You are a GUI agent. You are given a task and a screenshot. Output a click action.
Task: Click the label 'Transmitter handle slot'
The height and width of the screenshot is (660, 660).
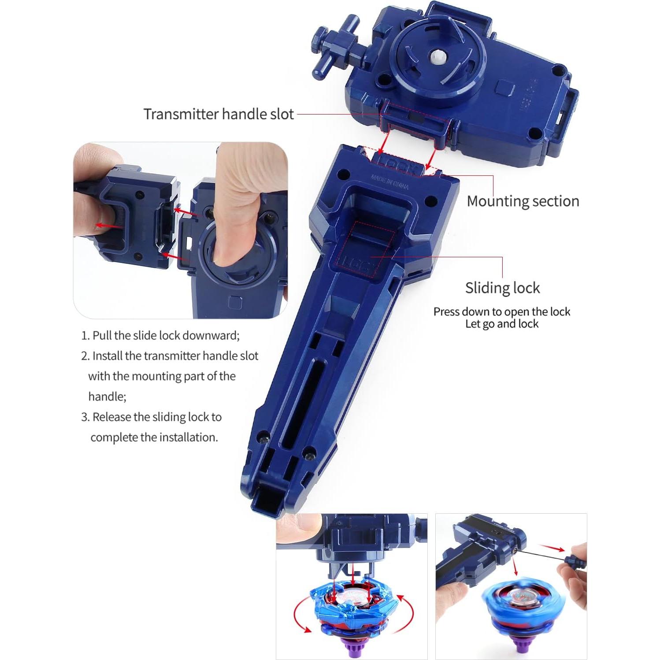tap(219, 114)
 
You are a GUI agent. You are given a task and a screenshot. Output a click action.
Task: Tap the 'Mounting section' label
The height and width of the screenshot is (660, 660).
tap(523, 201)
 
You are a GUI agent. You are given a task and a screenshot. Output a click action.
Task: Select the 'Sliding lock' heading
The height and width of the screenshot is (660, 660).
tap(502, 288)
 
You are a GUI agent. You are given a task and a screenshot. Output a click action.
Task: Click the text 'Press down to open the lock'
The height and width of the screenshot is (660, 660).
tap(501, 311)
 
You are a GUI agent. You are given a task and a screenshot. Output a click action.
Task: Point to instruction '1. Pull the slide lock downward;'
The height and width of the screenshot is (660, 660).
tap(161, 335)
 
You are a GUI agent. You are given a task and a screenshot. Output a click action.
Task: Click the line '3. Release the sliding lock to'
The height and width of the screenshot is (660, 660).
tap(152, 417)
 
